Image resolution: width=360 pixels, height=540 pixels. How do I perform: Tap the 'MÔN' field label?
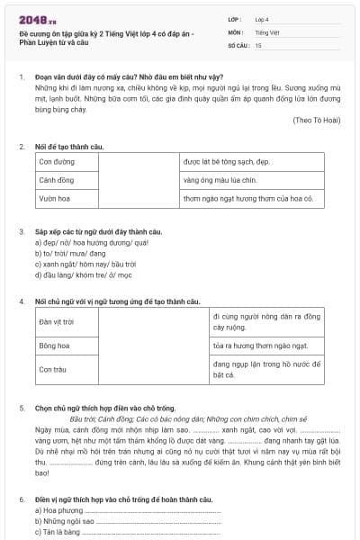pos(235,31)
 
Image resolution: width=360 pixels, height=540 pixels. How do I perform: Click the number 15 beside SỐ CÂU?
pos(258,44)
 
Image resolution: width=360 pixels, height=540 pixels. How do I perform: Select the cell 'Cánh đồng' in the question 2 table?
pos(57,180)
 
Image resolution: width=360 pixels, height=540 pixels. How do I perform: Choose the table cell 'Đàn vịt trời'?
pos(57,321)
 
